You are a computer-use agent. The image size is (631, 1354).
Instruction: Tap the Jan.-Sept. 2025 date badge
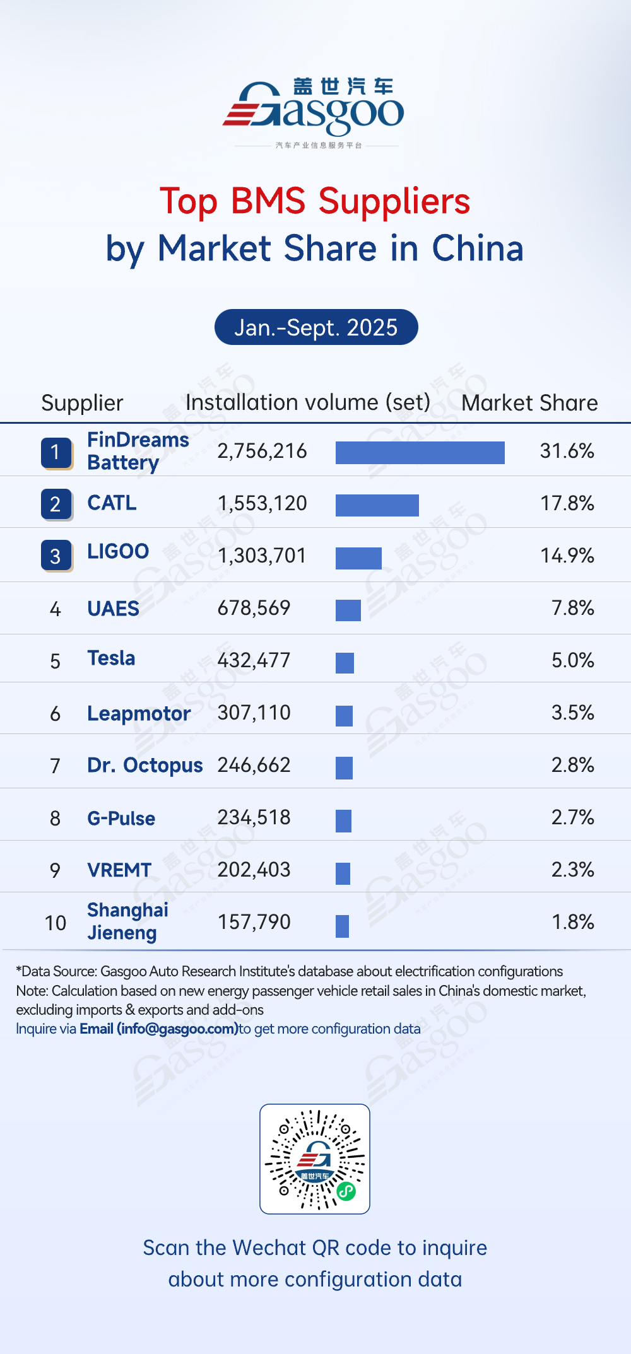pos(316,327)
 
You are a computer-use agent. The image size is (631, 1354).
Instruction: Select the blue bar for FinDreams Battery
pos(420,452)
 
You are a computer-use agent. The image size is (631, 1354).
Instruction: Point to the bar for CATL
pos(377,505)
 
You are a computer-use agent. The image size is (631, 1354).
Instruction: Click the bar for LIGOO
pos(358,558)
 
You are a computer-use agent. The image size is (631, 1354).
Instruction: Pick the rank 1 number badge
pos(56,453)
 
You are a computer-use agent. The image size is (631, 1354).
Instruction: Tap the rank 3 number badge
pos(56,556)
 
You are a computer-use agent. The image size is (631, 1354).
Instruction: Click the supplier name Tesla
pos(111,658)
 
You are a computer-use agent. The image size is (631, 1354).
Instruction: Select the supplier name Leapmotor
pos(139,713)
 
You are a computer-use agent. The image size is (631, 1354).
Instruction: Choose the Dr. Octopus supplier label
pos(145,765)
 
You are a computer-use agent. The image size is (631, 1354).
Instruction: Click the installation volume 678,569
pos(254,608)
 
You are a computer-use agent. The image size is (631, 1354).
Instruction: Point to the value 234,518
pos(254,817)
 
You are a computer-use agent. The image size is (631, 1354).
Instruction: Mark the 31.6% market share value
pos(567,451)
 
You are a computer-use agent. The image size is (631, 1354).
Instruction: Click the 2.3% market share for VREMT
pos(572,870)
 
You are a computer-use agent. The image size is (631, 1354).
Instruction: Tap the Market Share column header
pos(529,403)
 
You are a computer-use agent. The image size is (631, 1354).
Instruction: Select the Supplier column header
pos(82,403)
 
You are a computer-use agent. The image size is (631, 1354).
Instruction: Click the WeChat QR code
pos(315,1158)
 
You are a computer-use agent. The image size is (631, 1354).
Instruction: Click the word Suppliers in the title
pos(394,201)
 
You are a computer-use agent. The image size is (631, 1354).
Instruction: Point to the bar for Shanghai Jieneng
pos(342,926)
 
